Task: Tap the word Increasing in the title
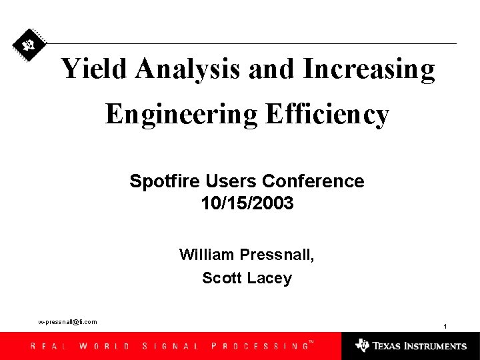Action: click(x=369, y=69)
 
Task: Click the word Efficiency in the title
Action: click(x=327, y=115)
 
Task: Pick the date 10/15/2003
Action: click(x=247, y=203)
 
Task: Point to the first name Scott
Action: click(x=222, y=278)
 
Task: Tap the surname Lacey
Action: click(x=269, y=278)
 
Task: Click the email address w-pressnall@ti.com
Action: click(x=67, y=322)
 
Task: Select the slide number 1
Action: click(x=445, y=326)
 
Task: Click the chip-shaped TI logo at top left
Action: click(x=29, y=45)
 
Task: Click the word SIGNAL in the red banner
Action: click(x=171, y=346)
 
